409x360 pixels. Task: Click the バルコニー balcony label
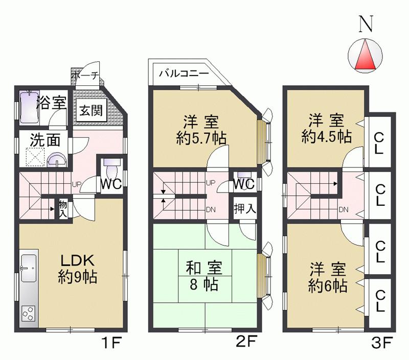[184, 73]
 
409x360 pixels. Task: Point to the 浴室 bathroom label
[52, 102]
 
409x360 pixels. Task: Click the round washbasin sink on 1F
[56, 160]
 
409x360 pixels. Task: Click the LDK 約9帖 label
[78, 269]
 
